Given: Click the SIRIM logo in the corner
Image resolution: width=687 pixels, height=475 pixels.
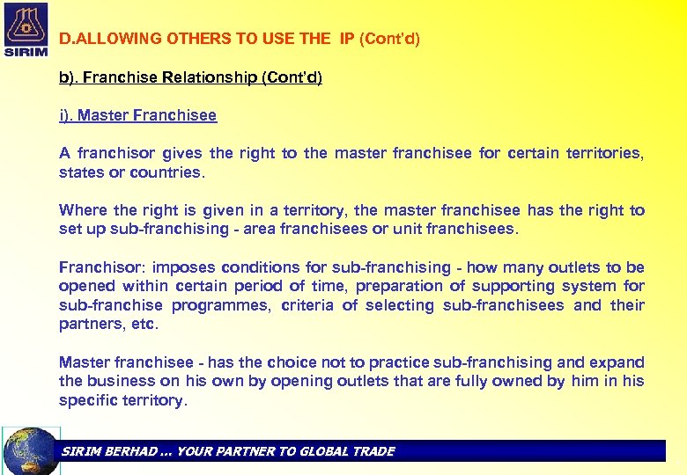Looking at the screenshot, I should tap(26, 29).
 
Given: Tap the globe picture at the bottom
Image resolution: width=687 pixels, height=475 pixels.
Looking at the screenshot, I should tap(31, 451).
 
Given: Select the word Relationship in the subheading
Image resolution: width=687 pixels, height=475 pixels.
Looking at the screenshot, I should tap(211, 77).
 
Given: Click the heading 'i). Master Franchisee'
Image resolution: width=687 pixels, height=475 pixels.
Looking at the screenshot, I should tap(137, 115).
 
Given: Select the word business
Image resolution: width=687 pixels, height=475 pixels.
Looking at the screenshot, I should tap(119, 381).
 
